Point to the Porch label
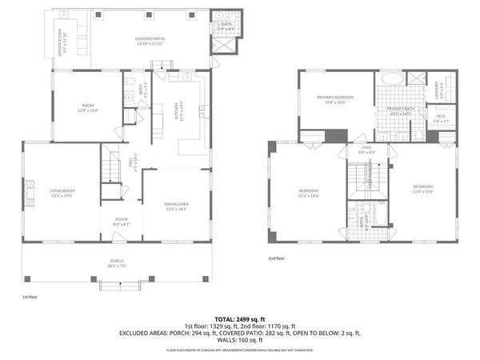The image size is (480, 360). coord(118,263)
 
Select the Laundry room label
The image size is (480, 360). coord(437,89)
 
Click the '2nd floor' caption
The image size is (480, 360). coord(276,258)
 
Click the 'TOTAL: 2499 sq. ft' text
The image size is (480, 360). coord(240,318)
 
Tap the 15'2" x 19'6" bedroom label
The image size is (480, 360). coord(309,192)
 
